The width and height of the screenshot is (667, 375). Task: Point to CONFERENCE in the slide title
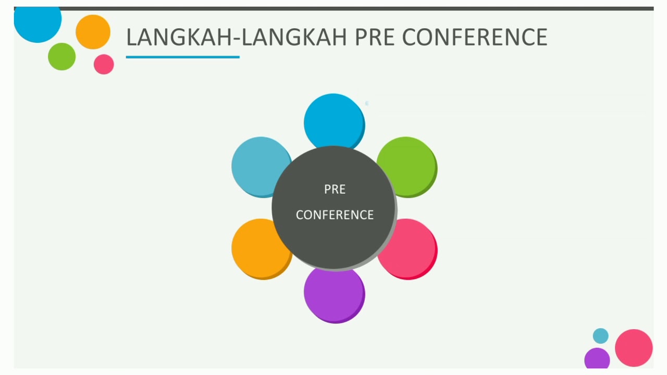click(475, 37)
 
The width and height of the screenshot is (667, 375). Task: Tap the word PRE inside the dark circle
click(335, 190)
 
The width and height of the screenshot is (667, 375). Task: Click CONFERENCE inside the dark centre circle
click(335, 215)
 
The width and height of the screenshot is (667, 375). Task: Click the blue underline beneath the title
click(182, 57)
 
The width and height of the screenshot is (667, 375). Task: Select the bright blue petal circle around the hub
click(334, 119)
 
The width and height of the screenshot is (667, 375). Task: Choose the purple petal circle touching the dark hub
click(334, 297)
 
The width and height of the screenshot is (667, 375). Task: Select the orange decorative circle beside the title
click(93, 32)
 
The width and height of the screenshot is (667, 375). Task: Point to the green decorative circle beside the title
click(61, 56)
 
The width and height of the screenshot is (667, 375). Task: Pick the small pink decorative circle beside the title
click(104, 64)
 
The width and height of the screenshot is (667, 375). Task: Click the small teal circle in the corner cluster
click(600, 336)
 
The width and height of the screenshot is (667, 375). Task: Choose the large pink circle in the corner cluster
click(634, 347)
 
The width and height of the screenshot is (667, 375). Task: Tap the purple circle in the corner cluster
click(597, 359)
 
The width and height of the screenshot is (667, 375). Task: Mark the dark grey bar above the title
click(333, 8)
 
